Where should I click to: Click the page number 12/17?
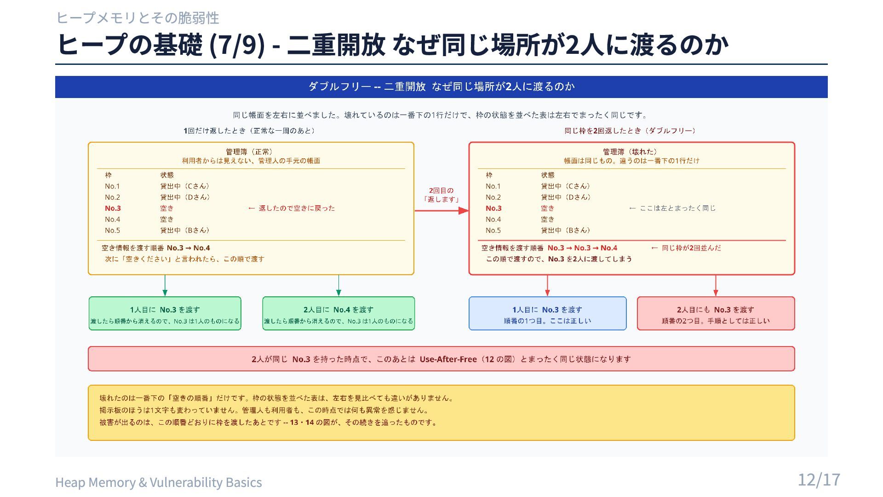[819, 480]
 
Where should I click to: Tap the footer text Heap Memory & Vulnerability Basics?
[159, 482]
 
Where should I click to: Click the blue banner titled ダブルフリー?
[441, 87]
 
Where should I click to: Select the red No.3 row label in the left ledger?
[113, 208]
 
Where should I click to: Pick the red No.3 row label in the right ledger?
[493, 208]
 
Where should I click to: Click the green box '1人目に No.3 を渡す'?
[165, 313]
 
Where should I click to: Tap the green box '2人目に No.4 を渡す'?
[338, 313]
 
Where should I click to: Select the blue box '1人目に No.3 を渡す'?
[547, 313]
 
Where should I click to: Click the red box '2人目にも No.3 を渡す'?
[716, 313]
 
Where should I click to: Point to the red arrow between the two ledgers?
[441, 211]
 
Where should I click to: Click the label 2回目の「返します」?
[441, 195]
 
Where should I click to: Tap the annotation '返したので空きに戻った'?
[292, 208]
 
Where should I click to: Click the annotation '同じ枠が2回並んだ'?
[686, 248]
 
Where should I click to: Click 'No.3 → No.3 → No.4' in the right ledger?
[582, 248]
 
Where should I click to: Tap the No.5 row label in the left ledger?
[112, 231]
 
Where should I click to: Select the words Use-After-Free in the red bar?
[448, 359]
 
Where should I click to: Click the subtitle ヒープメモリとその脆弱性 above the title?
[138, 18]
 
